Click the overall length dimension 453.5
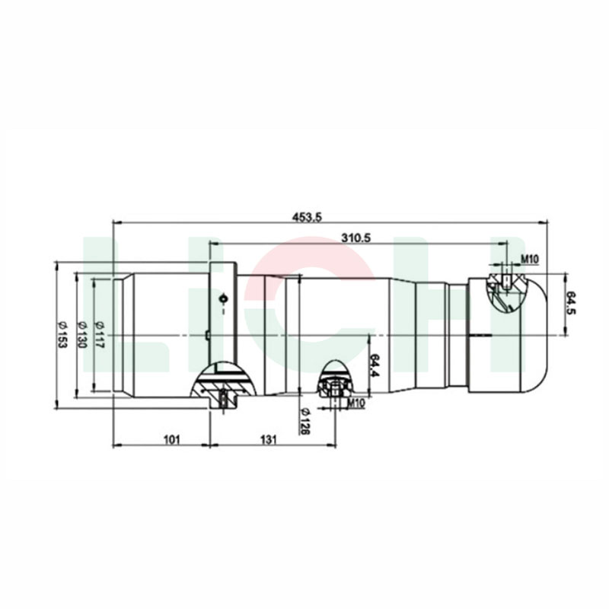point(308,217)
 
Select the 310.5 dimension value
point(356,238)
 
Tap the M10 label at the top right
point(531,260)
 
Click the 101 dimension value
point(171,438)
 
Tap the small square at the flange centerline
point(206,334)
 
